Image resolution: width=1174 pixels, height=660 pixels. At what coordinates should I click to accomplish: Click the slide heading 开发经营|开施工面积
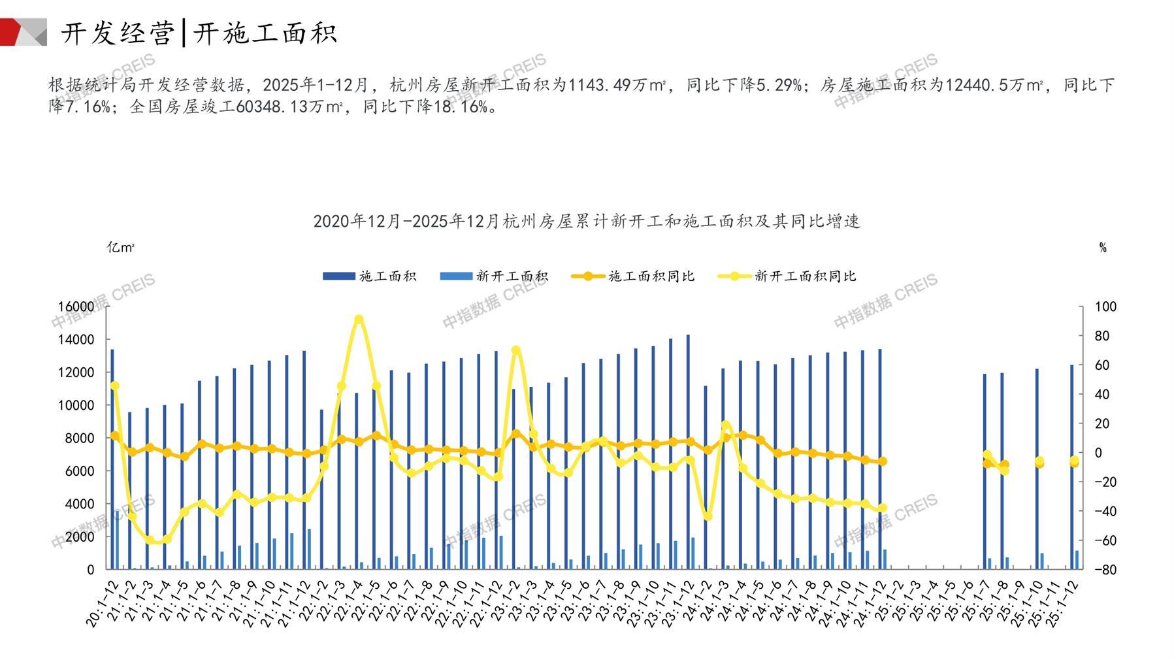coord(199,33)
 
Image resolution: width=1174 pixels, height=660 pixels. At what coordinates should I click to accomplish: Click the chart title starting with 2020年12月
coord(586,222)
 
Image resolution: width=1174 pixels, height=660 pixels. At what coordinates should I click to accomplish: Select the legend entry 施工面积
coord(370,276)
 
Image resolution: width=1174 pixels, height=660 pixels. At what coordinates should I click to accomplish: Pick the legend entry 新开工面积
coord(494,276)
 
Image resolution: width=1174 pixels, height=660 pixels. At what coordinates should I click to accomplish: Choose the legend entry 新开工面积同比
coord(787,276)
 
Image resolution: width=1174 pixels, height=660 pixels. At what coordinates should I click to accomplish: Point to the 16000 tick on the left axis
coord(76,306)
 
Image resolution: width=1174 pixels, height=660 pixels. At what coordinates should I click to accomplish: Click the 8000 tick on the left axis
coord(81,438)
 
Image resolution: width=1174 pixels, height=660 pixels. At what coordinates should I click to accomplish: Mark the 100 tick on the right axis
coord(1105,306)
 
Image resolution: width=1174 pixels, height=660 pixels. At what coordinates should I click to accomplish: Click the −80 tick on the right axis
coord(1105,570)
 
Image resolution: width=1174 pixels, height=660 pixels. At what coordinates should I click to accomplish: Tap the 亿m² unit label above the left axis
coord(121,248)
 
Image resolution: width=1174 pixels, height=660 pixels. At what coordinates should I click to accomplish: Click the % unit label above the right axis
coord(1103,248)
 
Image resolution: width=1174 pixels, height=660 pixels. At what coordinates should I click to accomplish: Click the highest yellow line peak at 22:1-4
coord(359,320)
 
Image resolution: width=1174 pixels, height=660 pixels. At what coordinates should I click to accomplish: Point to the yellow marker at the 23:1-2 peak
coord(516,350)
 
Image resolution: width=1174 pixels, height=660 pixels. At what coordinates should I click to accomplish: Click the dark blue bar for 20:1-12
coord(112,457)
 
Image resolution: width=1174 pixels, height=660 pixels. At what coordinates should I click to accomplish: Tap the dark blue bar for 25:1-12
coord(1072,467)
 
